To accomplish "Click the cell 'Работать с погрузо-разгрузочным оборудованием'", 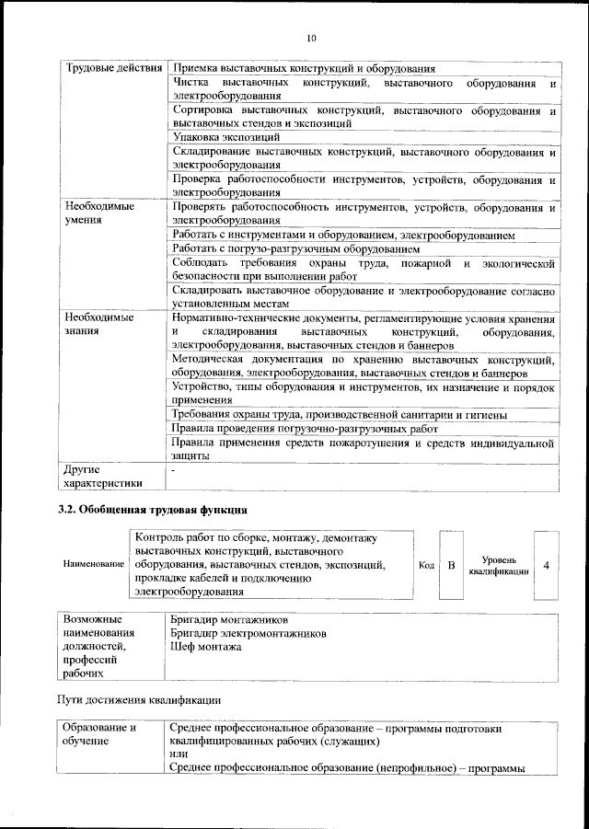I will pos(295,249).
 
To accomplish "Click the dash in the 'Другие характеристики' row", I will pos(174,469).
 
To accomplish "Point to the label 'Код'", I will pos(426,564).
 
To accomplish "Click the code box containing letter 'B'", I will pos(451,564).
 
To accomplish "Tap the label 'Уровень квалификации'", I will pos(498,564).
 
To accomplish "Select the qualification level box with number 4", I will pos(547,564).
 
